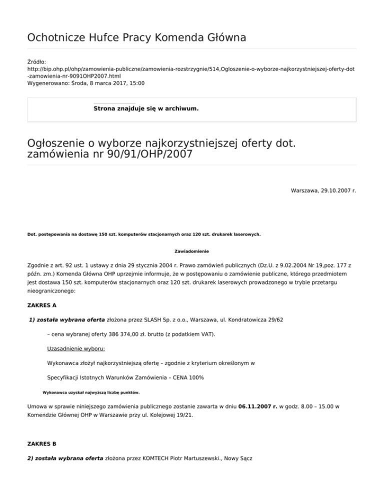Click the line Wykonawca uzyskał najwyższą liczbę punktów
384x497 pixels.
click(91, 392)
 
